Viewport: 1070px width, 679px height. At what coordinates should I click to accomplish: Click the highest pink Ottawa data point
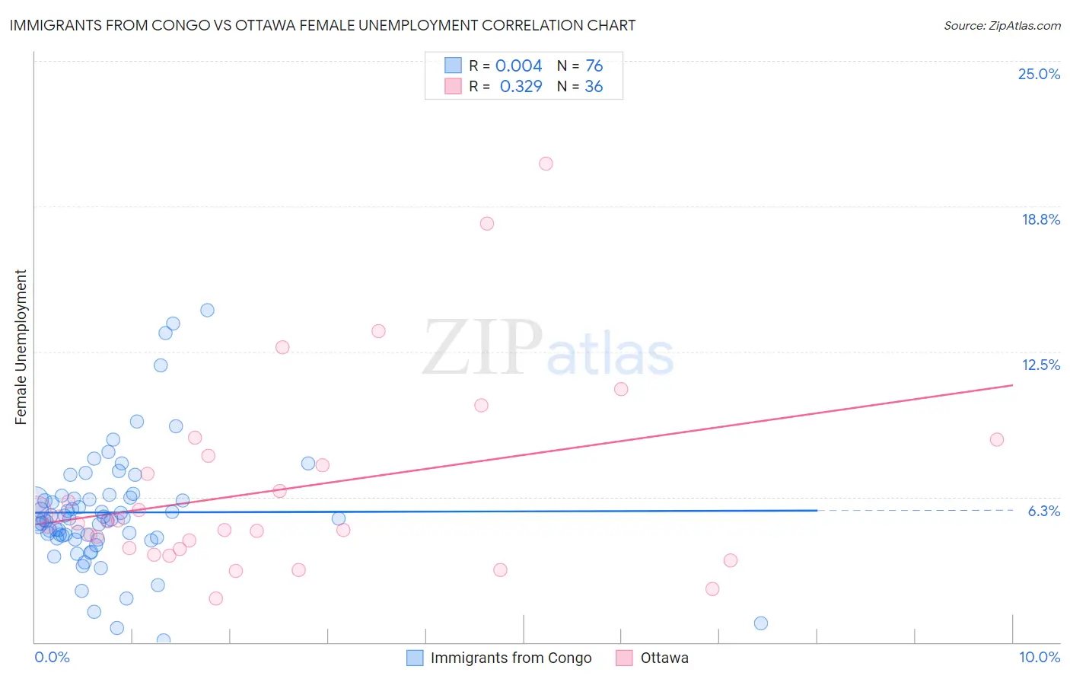(546, 164)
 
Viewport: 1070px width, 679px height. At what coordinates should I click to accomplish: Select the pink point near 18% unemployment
(487, 224)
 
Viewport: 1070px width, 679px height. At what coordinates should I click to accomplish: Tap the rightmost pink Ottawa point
(997, 439)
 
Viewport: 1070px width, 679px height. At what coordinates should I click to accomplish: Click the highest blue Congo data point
(207, 310)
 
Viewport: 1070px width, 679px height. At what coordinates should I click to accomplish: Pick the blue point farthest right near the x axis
(761, 623)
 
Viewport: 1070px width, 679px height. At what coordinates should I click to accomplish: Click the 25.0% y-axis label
(1039, 74)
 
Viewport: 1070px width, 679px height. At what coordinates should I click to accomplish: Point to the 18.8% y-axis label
(1040, 219)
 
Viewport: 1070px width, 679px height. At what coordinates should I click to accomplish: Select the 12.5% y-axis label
(1040, 365)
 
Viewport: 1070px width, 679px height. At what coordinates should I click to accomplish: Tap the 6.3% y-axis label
(1044, 511)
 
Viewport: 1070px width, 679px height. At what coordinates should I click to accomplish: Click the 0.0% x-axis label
(52, 657)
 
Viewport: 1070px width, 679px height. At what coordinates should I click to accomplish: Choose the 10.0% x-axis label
(1040, 657)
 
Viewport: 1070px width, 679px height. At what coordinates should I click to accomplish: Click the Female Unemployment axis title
(21, 347)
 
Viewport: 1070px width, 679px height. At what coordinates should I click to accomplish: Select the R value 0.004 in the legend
(518, 66)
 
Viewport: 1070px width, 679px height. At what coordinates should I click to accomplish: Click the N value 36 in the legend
(594, 87)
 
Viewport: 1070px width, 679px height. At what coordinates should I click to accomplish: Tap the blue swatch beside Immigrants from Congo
(415, 658)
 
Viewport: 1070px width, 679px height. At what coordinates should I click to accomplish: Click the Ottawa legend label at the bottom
(664, 658)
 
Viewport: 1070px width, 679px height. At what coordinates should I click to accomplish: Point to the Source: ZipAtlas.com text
(1002, 26)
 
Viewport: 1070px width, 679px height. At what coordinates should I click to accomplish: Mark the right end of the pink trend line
(1012, 385)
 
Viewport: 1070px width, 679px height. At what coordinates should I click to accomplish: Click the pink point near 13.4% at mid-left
(378, 331)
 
